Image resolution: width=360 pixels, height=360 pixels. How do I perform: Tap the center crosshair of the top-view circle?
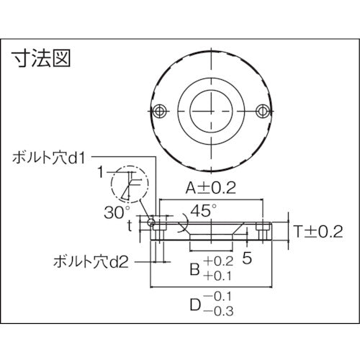212,109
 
